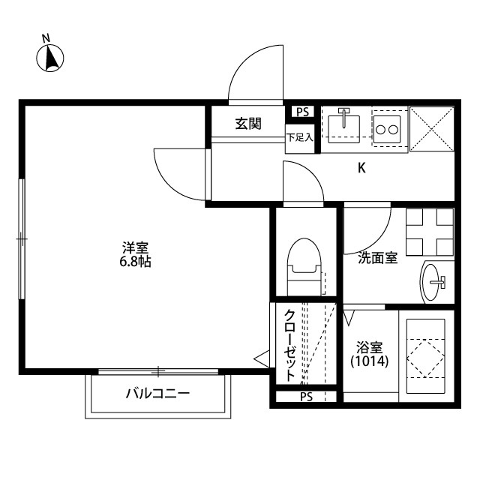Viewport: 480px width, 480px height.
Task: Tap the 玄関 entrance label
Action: point(248,124)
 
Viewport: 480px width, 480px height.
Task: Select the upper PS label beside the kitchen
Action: point(302,112)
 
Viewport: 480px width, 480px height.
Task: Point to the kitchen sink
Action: point(346,124)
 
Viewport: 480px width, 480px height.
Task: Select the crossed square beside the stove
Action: point(432,128)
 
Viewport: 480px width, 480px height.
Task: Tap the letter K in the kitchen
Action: point(361,169)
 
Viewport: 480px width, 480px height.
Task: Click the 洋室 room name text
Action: point(135,247)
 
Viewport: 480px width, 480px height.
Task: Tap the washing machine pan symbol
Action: point(430,231)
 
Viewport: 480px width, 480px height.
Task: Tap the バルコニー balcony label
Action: point(157,394)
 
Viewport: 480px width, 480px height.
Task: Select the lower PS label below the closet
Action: point(306,396)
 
